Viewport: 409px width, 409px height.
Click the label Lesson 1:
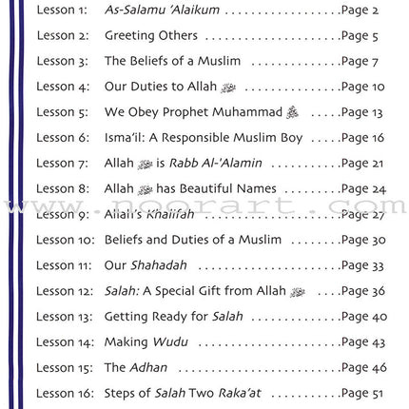62,10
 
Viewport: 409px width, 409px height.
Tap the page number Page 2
360,10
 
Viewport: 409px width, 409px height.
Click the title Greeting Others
151,36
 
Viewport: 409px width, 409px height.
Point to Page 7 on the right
360,62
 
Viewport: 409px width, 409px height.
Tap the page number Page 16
362,138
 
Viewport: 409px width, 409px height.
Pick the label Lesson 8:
63,189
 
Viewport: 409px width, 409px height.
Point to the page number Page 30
362,240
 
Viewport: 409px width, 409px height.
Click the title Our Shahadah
146,265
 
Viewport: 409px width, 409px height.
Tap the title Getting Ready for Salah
173,317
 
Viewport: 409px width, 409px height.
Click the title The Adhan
136,367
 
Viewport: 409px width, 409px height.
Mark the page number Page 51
362,393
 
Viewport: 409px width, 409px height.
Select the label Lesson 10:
66,240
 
